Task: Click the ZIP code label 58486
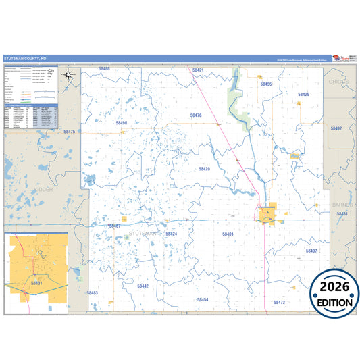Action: (x=104, y=69)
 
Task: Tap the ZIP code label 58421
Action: (x=197, y=70)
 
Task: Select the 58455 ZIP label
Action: (x=265, y=84)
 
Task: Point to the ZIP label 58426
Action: (x=303, y=95)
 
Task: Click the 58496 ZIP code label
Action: (x=122, y=123)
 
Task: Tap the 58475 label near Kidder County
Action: (x=70, y=132)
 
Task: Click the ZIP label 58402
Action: (x=336, y=128)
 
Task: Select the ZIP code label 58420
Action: (x=204, y=168)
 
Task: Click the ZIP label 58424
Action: (x=171, y=234)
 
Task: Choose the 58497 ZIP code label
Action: (x=311, y=251)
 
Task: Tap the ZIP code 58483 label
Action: (x=93, y=292)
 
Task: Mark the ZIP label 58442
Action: (x=143, y=286)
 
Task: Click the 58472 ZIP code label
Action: (x=280, y=302)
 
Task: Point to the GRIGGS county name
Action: (x=338, y=81)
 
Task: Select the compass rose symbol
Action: (x=68, y=75)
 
